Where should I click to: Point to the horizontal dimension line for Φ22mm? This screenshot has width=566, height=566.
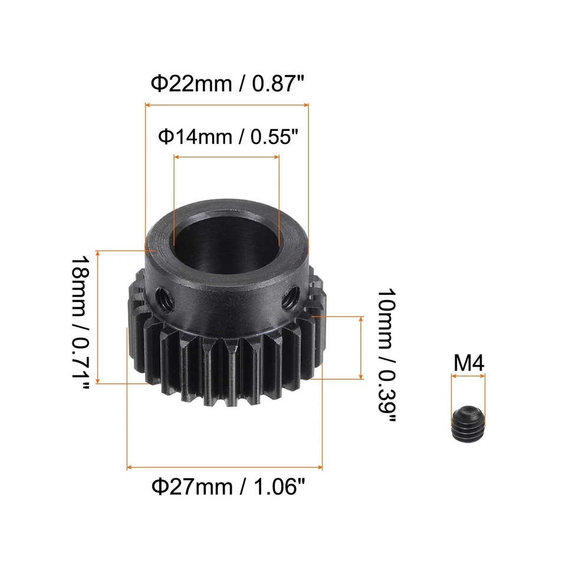(x=227, y=105)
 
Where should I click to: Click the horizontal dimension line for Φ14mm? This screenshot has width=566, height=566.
(x=226, y=157)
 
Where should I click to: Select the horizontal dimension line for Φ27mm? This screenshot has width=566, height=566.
(x=225, y=468)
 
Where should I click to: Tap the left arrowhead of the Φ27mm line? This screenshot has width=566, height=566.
(x=129, y=468)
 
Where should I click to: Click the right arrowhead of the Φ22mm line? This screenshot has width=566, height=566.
(x=306, y=105)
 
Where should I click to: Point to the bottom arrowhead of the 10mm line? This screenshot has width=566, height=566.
(x=361, y=377)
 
